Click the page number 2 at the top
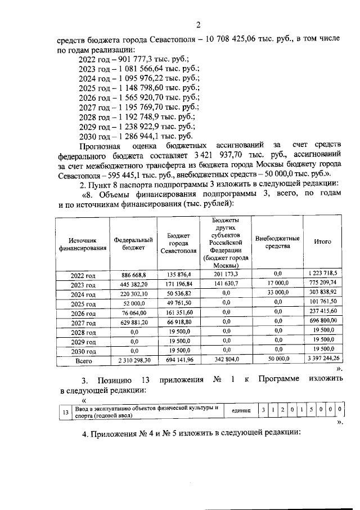point(198,25)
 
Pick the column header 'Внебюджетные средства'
point(277,242)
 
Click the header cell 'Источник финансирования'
point(83,243)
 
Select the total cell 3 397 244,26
point(322,359)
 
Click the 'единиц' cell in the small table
point(240,410)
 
